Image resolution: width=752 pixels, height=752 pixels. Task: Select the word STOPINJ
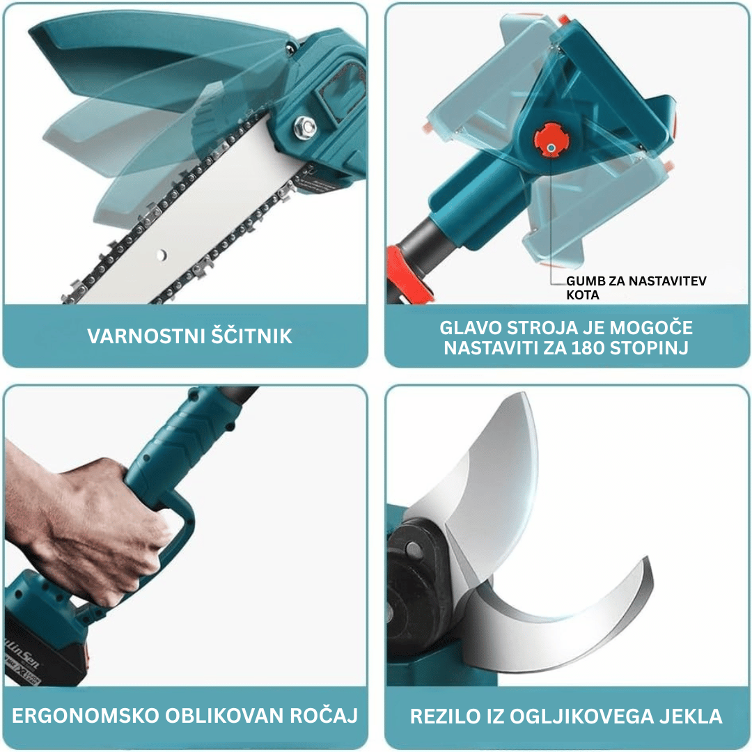coord(649,347)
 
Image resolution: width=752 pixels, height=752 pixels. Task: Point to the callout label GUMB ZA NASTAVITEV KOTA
coord(636,288)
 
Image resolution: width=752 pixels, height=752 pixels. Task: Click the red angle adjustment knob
coord(551,140)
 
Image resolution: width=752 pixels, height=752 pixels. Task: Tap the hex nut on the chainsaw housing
coord(304,127)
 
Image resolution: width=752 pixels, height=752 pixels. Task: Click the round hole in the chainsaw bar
coord(162,255)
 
